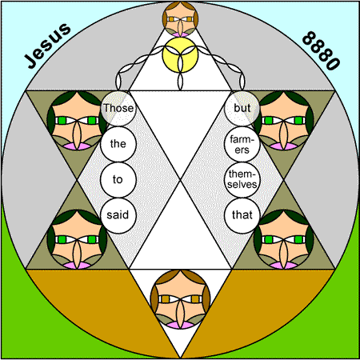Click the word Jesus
click(48, 46)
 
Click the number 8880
click(321, 50)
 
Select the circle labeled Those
click(118, 108)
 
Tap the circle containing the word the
click(118, 144)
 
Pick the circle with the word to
click(118, 180)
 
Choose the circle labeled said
click(118, 215)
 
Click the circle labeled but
click(242, 108)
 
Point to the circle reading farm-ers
click(242, 144)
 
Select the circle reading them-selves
click(242, 180)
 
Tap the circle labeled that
click(242, 215)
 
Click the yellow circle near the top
click(180, 55)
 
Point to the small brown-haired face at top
click(180, 19)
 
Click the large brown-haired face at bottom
click(180, 299)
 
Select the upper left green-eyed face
click(77, 121)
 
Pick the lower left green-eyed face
click(77, 239)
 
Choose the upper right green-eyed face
click(283, 121)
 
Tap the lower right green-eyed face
click(283, 239)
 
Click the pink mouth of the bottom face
click(180, 325)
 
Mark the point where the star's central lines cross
click(180, 180)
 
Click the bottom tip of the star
click(180, 358)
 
